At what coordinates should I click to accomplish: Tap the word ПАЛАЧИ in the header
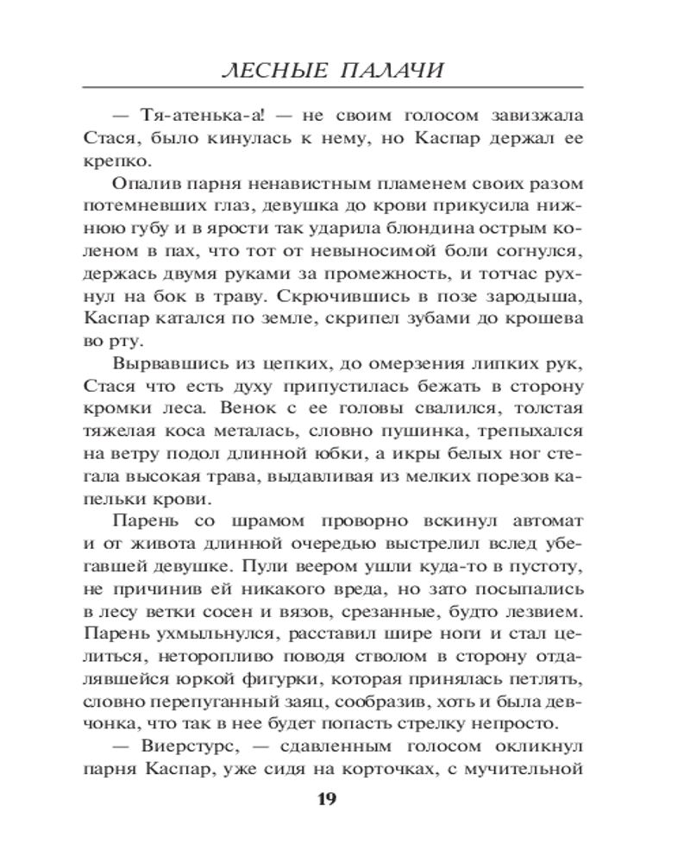[392, 70]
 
